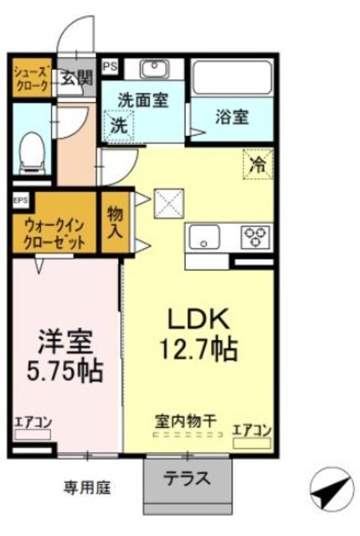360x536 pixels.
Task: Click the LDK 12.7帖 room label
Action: pyautogui.click(x=202, y=332)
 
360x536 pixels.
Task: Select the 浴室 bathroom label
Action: pyautogui.click(x=232, y=117)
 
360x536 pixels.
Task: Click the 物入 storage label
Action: pyautogui.click(x=114, y=221)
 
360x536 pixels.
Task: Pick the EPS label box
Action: pyautogui.click(x=20, y=200)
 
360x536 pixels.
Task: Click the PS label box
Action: pyautogui.click(x=110, y=64)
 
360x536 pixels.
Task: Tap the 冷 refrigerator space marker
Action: pyautogui.click(x=258, y=163)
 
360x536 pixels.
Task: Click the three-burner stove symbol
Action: pyautogui.click(x=255, y=236)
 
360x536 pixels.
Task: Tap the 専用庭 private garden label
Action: pyautogui.click(x=88, y=486)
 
